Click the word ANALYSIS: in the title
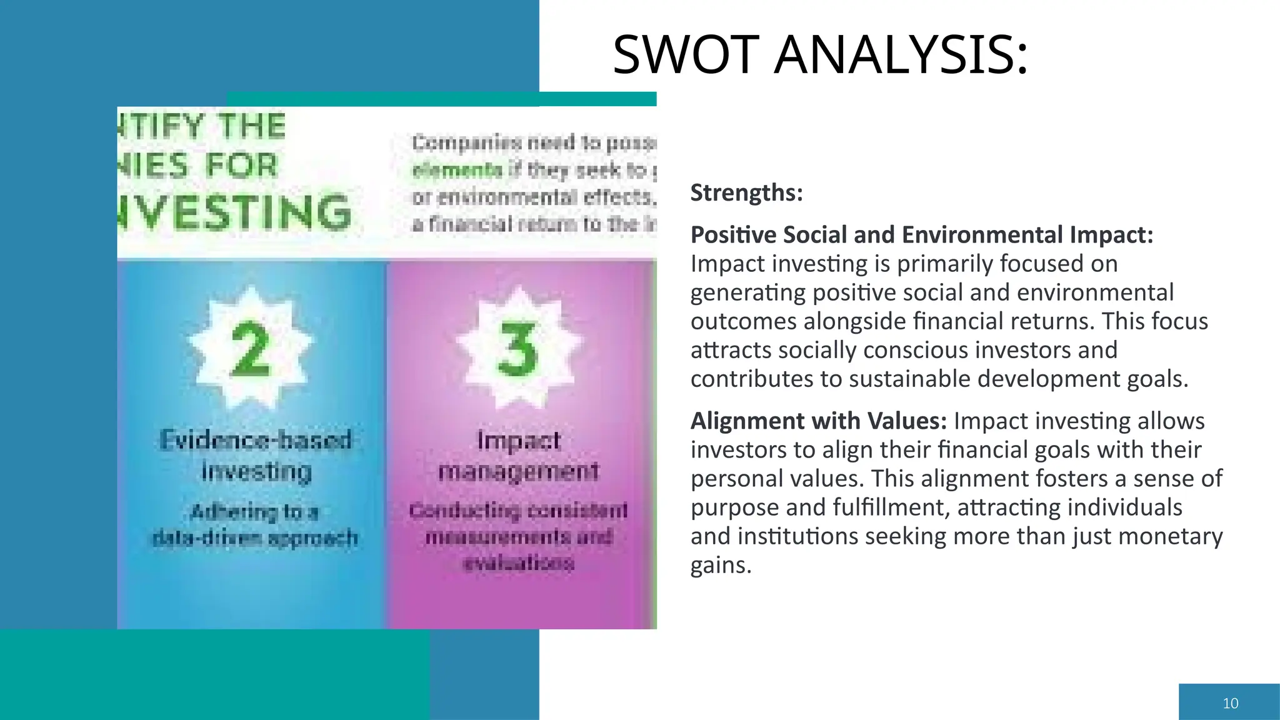[901, 55]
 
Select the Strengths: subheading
[746, 192]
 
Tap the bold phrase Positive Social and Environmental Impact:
[922, 235]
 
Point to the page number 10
[1230, 703]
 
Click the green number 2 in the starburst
[251, 349]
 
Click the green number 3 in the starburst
[517, 349]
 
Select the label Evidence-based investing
[256, 455]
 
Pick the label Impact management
[518, 455]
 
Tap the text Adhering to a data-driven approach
[255, 525]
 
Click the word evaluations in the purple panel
[518, 563]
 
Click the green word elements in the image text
[457, 170]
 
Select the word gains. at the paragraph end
[721, 565]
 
